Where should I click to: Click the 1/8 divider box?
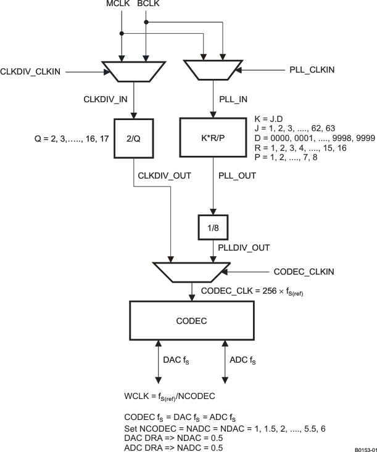pyautogui.click(x=213, y=227)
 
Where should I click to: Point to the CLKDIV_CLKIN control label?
pyautogui.click(x=31, y=72)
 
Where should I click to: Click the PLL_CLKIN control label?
pyautogui.click(x=312, y=70)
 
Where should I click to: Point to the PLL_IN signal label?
pyautogui.click(x=234, y=98)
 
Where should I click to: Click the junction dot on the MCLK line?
pyautogui.click(x=122, y=33)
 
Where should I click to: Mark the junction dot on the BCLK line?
pyautogui.click(x=146, y=23)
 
